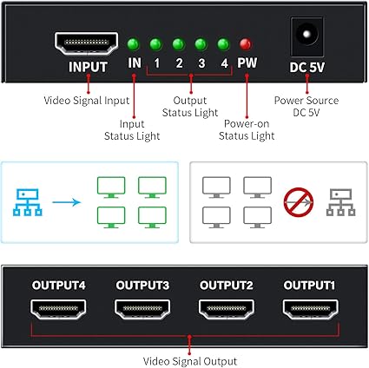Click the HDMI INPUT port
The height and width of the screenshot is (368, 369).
point(86,43)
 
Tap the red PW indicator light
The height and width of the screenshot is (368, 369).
point(246,44)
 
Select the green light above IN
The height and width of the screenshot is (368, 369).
point(134,44)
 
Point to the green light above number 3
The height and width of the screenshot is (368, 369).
point(201,44)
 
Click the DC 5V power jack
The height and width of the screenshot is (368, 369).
point(306,36)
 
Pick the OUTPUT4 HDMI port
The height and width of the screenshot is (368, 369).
point(58,309)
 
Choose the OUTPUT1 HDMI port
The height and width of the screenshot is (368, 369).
point(310,309)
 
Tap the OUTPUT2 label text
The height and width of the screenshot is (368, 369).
point(227,286)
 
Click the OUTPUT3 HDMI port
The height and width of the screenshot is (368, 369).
point(142,309)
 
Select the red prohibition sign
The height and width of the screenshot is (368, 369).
point(298,202)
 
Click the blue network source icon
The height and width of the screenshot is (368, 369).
point(28,202)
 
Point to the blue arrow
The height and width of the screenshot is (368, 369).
point(66,202)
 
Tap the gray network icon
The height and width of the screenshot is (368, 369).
point(340,202)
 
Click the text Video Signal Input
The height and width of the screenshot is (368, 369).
point(86,101)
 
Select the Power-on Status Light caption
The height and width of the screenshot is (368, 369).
point(247,129)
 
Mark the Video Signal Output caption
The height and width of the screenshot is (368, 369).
point(190,361)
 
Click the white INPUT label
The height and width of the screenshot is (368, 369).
point(88,67)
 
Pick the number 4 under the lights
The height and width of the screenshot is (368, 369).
point(224,63)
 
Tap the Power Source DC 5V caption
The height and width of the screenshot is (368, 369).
point(306,106)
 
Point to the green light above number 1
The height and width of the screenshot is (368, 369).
point(155,44)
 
